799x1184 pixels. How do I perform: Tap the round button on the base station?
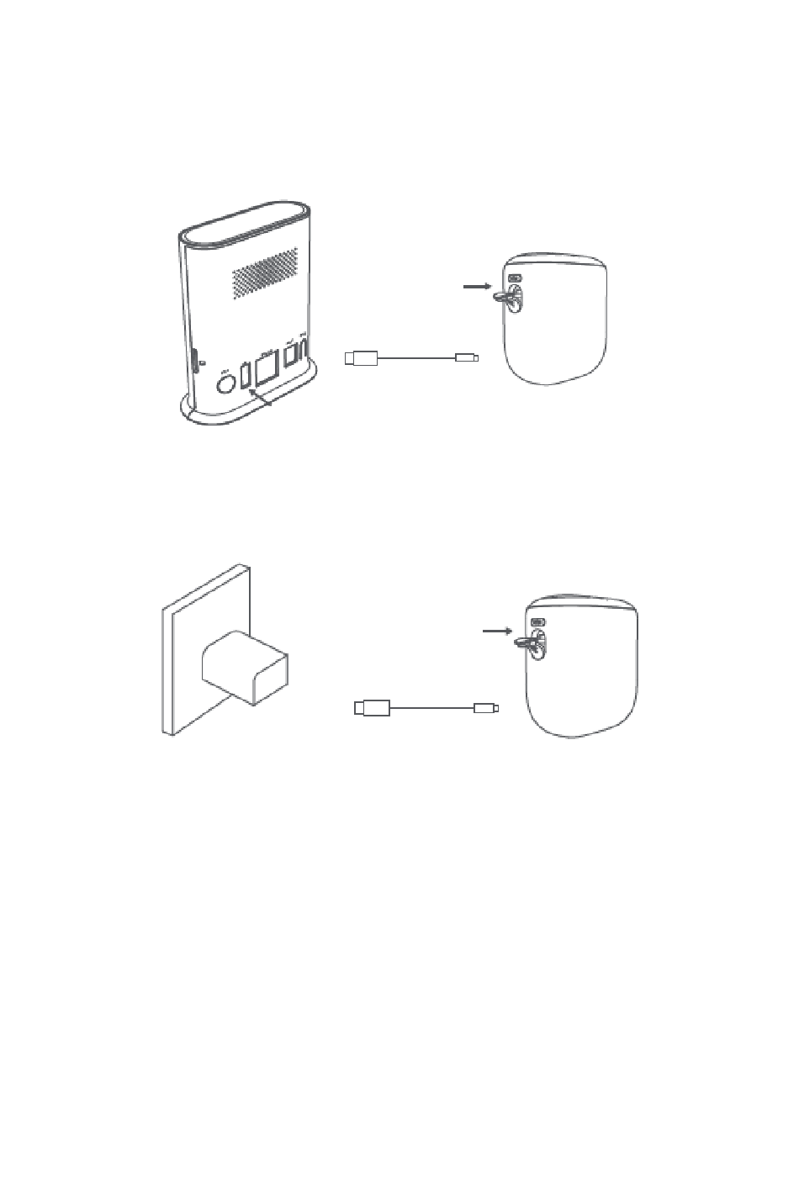tap(226, 384)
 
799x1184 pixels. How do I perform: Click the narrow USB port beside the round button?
tap(246, 376)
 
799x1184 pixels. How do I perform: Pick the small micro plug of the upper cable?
tap(466, 358)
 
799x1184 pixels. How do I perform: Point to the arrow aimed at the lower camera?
tap(498, 630)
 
